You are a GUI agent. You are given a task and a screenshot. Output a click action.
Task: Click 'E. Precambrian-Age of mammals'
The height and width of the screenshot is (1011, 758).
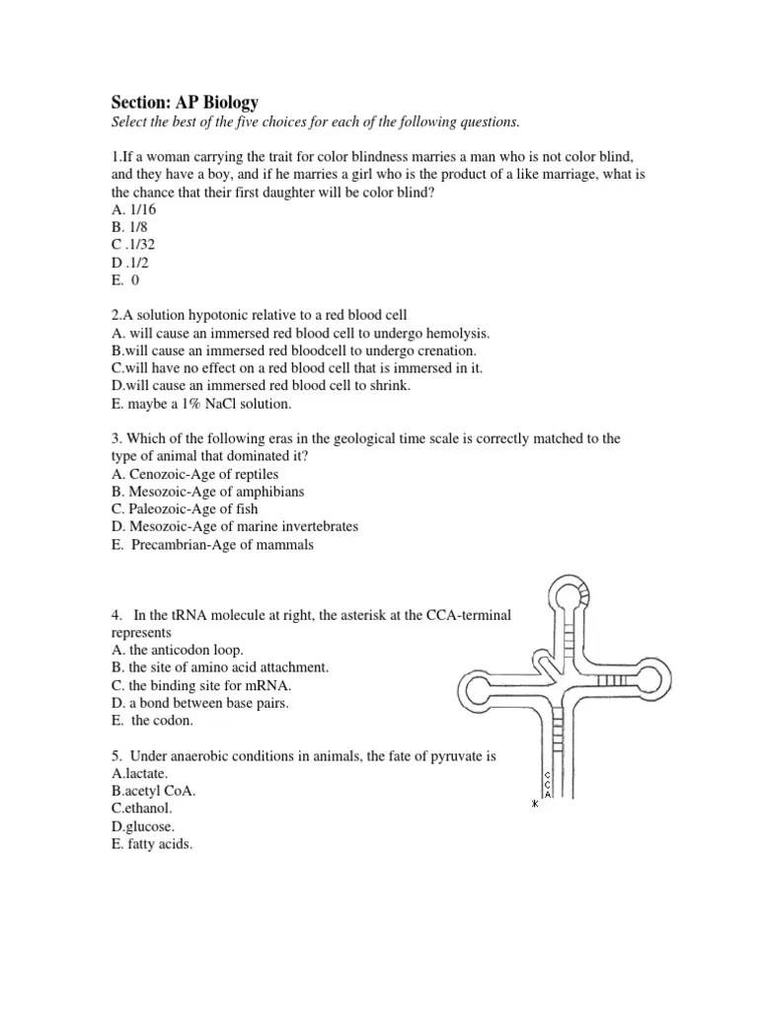click(213, 544)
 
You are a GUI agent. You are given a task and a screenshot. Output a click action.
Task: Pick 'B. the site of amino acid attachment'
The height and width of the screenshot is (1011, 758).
click(220, 667)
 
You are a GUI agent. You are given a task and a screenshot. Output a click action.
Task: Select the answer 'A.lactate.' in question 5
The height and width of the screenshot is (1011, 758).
click(141, 773)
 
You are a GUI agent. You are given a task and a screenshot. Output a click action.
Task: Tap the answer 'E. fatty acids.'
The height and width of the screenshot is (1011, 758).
click(153, 844)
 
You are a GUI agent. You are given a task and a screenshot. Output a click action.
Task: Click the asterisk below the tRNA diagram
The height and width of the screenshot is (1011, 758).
click(536, 804)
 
